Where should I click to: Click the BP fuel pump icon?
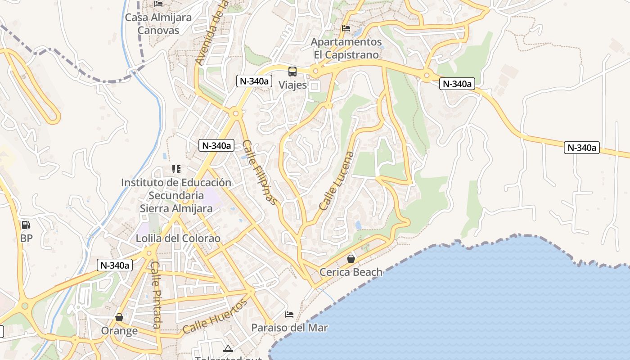[x=26, y=225]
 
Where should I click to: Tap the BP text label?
[x=27, y=238]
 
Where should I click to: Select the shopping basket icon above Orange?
[x=119, y=317]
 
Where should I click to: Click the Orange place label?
[x=119, y=331]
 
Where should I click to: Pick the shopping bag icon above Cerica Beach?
[x=351, y=259]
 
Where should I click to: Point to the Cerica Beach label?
[x=351, y=272]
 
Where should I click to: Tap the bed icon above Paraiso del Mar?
[x=289, y=314]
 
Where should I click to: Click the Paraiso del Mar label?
[x=289, y=328]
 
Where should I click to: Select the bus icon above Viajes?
[x=292, y=71]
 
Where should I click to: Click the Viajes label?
[x=292, y=85]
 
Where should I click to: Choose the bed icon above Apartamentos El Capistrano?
[x=346, y=28]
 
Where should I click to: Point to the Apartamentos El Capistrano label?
[x=346, y=48]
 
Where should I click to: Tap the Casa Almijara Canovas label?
[x=158, y=24]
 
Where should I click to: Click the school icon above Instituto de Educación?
[x=176, y=169]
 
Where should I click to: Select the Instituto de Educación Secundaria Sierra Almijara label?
[x=176, y=195]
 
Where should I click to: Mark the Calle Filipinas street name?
[x=259, y=172]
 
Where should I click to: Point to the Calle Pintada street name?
[x=156, y=295]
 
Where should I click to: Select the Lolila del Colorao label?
[x=178, y=238]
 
